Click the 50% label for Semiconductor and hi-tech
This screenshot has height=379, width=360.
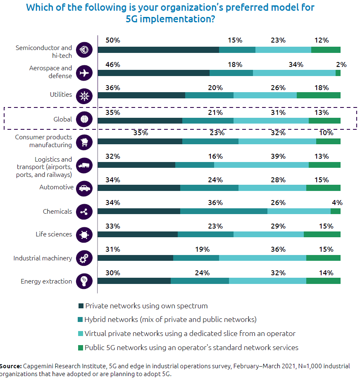pos(113,41)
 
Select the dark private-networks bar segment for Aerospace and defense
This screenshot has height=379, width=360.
pos(153,73)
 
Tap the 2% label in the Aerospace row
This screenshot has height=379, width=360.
pos(341,64)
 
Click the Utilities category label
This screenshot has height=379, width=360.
pos(61,95)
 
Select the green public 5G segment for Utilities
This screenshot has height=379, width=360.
pos(318,95)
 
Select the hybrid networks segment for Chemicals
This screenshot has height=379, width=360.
pos(224,211)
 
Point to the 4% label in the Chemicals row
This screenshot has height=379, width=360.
pos(337,203)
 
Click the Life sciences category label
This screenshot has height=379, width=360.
pos(54,234)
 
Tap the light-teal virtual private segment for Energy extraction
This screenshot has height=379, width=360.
pos(267,281)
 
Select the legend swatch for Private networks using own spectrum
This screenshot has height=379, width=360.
pos(81,306)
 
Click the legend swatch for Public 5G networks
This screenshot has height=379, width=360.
pos(81,348)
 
